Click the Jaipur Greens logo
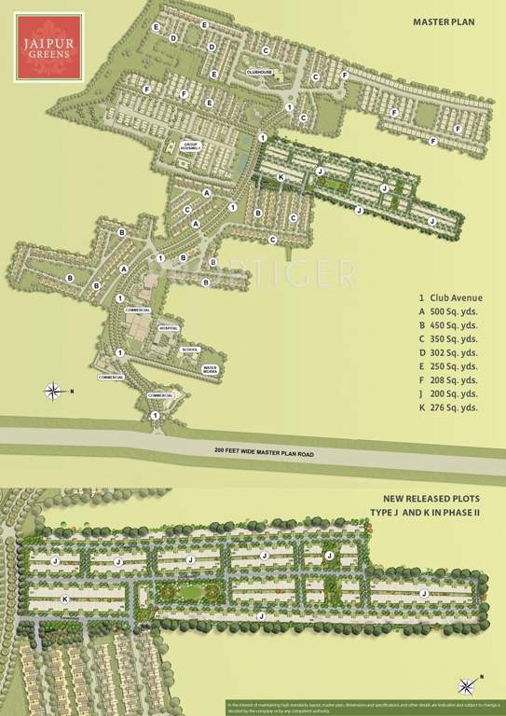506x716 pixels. point(45,43)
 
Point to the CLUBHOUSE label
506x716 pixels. point(257,71)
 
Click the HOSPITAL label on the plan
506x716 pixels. point(168,329)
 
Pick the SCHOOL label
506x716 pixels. point(189,350)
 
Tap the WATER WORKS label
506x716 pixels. point(212,369)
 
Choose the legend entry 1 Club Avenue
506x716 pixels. point(452,298)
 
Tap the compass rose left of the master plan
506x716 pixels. point(55,390)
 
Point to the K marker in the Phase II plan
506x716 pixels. point(64,599)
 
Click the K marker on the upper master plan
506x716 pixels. point(280,176)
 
